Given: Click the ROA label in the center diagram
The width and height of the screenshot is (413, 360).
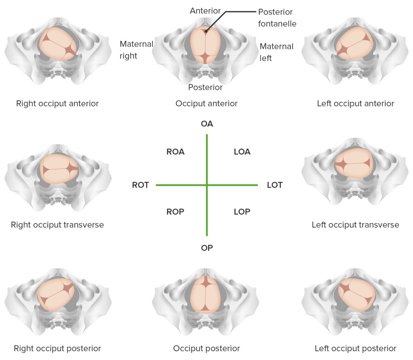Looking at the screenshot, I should coord(175,152).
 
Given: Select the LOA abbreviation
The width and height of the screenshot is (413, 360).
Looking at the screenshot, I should coord(242,152).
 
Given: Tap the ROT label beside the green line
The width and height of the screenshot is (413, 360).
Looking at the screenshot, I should coord(140,185).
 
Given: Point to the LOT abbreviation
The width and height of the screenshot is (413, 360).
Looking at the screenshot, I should coord(275,185).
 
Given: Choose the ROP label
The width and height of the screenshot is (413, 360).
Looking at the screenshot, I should coord(175,212).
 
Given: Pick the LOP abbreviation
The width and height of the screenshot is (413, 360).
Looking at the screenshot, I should coord(242,212).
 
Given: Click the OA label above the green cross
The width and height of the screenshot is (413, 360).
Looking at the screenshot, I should coord(207,124).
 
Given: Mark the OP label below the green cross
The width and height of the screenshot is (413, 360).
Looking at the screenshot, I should coord(207,248).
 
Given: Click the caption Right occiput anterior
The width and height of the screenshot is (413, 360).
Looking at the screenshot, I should coord(57,104).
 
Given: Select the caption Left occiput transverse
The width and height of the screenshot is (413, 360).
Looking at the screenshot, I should coord(355,225).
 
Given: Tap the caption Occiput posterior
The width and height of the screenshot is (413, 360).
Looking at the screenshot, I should coord(206,349).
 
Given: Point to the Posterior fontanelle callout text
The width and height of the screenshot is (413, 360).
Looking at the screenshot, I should coord(277,18).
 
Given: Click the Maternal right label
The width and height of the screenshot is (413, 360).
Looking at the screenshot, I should coord(136,50).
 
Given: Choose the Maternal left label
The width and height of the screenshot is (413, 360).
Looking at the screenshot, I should coord(276,52).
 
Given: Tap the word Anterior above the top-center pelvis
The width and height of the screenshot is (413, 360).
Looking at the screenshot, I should coord(205,11).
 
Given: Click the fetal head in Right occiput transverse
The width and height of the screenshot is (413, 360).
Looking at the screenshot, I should coord(59,169).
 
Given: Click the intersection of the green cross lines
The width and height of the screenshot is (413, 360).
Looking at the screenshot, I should coord(207,185).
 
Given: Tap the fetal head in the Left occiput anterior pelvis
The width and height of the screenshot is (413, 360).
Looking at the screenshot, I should coord(354,43).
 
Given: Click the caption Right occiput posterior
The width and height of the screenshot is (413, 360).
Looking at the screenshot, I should coord(57,349).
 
